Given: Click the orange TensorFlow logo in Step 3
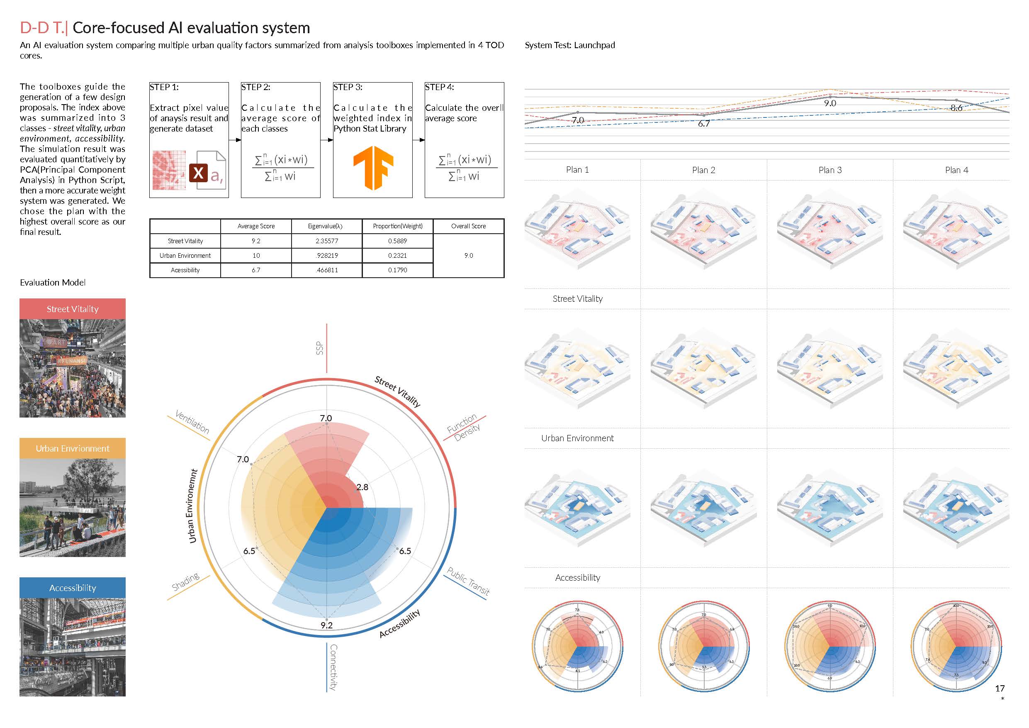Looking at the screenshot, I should point(373,167).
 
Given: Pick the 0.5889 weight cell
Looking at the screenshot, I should point(397,241).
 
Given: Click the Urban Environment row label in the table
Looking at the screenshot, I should point(185,256).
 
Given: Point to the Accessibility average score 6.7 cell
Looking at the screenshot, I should point(256,270).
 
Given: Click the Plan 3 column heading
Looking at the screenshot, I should point(830,170).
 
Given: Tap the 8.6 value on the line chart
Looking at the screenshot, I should point(956,107).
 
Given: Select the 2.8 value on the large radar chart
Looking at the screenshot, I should point(362,487).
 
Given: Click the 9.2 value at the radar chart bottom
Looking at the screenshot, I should point(326,625).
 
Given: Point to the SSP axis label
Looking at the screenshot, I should point(319,348).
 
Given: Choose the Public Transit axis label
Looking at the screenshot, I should point(468,581).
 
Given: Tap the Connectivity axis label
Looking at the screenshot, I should point(333,667).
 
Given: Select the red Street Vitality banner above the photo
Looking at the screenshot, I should point(73,309).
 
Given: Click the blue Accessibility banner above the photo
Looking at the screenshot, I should point(73,588).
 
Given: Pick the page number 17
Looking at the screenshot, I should point(1000,688).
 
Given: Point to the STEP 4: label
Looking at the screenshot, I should point(439,87).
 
